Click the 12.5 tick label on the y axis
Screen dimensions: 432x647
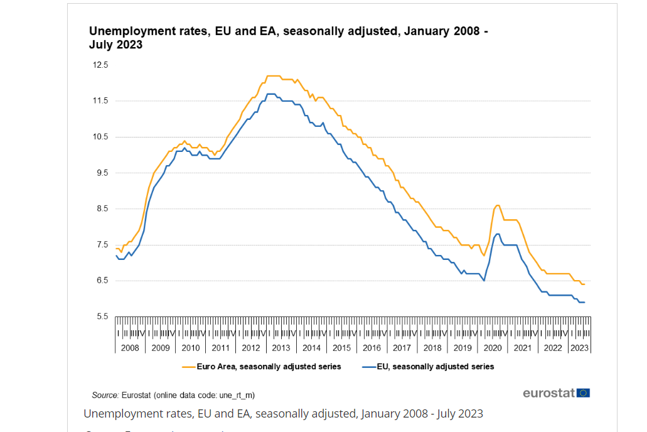tap(100, 65)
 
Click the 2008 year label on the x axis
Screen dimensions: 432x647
tap(130, 348)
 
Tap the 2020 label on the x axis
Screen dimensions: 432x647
tap(493, 348)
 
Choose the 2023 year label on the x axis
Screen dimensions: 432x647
tap(579, 348)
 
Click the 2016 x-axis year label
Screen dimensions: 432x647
tap(372, 348)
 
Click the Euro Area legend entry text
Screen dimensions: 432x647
tap(269, 366)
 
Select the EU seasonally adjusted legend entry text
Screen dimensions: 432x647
tap(436, 366)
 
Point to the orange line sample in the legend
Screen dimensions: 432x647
tap(188, 366)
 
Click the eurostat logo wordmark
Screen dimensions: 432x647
tap(549, 393)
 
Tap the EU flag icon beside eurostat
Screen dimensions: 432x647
tap(584, 393)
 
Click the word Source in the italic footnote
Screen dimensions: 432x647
tap(105, 395)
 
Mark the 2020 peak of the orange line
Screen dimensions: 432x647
tap(498, 205)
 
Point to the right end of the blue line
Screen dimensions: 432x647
tap(584, 303)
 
